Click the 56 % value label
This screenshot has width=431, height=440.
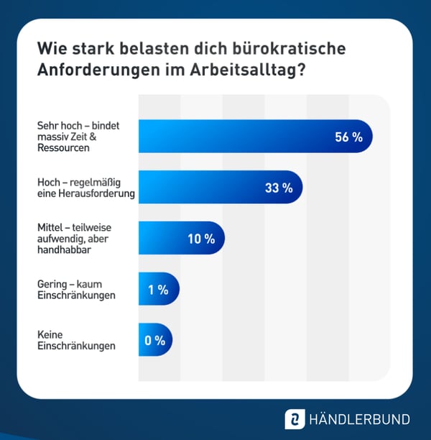348,137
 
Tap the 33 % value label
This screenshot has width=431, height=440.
279,188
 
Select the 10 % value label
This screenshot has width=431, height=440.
201,239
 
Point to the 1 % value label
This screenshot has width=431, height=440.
157,290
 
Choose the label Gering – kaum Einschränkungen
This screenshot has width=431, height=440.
76,290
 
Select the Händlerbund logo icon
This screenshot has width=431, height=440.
295,419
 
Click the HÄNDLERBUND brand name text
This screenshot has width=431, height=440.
358,419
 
